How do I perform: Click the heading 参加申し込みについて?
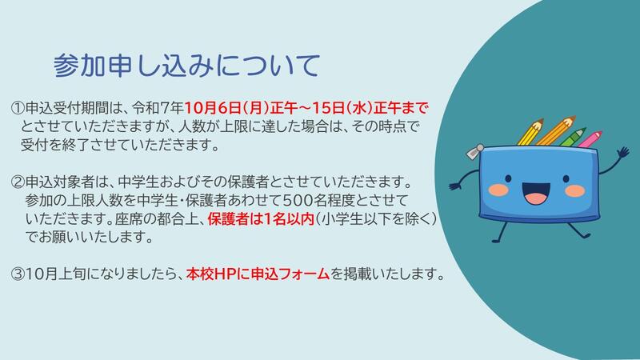point(186,66)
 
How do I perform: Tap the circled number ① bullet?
point(18,109)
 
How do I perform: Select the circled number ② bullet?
point(18,182)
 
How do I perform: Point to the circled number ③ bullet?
point(18,274)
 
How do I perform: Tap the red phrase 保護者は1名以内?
point(261,219)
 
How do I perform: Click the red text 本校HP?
point(211,274)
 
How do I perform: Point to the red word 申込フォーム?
point(290,274)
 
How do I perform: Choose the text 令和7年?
point(157,109)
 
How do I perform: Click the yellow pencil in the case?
point(530,132)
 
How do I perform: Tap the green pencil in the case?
point(573,137)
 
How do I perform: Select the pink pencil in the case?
point(590,139)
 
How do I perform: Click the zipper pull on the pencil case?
point(474,151)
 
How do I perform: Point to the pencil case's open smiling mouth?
point(536,194)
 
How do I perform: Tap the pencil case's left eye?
point(508,178)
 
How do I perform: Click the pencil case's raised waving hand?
point(623,154)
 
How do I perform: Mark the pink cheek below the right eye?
point(575,190)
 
